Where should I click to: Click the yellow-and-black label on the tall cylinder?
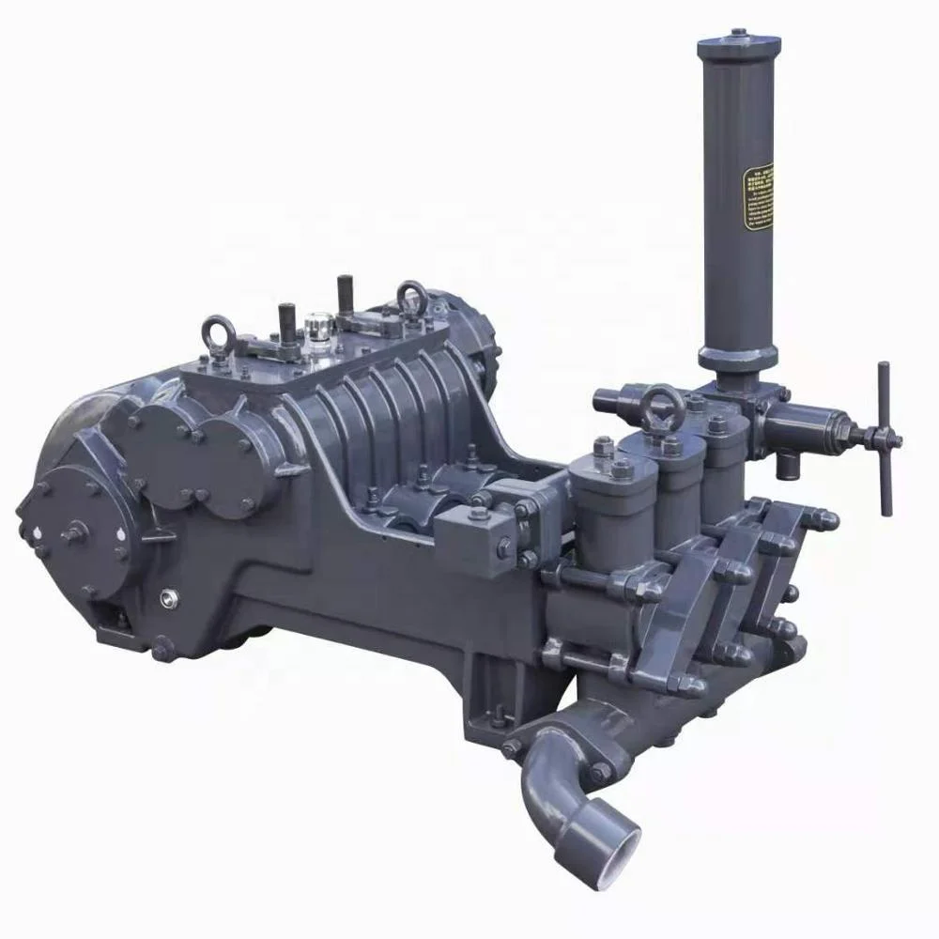tap(758, 199)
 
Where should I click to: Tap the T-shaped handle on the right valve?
tap(884, 439)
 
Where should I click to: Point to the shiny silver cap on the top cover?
tap(316, 329)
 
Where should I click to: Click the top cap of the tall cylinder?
tap(737, 39)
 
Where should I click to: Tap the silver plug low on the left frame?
tap(170, 595)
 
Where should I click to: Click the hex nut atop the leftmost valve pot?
tap(603, 449)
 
